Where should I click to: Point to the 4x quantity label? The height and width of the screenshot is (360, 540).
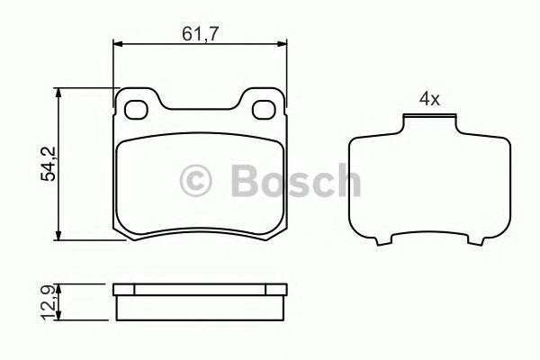click(x=428, y=100)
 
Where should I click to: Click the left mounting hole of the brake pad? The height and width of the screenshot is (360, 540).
click(x=137, y=111)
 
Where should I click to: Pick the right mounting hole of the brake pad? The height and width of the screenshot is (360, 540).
click(x=265, y=111)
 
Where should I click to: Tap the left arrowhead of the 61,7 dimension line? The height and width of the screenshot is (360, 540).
click(x=118, y=45)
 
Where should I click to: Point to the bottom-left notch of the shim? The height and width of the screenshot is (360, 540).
click(x=388, y=241)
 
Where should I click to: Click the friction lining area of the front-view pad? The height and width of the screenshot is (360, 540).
click(x=201, y=189)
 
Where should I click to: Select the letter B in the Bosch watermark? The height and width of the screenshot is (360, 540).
click(x=246, y=180)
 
